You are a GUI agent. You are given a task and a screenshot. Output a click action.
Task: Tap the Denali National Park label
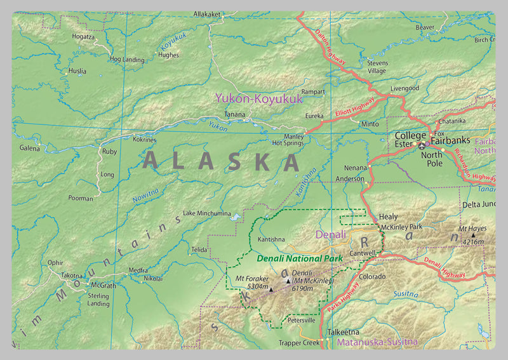coord(300,258)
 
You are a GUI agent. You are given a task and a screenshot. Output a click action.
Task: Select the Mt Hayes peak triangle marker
coord(472,235)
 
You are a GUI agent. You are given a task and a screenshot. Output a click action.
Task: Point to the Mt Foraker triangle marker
coord(271,290)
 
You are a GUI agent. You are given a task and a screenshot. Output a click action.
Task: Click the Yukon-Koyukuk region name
coord(259,98)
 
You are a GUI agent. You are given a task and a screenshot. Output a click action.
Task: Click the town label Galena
coord(29,148)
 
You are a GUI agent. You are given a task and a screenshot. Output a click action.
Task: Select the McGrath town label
coord(104,286)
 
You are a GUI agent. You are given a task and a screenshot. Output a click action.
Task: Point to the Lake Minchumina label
coord(206,213)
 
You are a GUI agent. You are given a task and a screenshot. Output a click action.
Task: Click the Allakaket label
coord(206,13)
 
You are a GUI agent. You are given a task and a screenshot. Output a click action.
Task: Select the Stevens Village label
coord(377,67)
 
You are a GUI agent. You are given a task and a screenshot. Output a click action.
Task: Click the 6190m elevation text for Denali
coord(302,288)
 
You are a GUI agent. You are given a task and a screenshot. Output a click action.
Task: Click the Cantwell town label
coord(363,253)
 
